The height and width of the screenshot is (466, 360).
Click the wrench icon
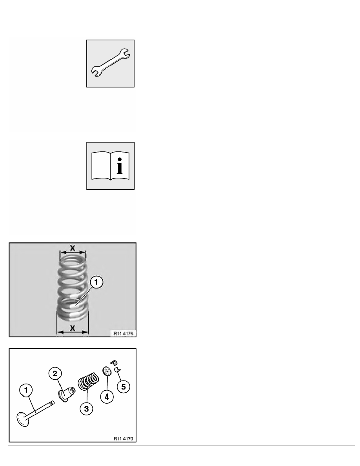pos(111,63)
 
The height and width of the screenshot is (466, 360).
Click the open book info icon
pos(111,166)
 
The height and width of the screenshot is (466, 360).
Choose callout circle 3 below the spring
pos(87,409)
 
